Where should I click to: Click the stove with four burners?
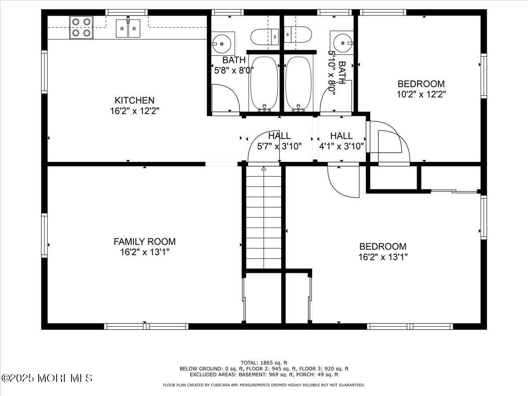[x=81, y=27]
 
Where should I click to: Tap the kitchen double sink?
[x=128, y=29]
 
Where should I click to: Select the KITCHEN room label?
[x=134, y=100]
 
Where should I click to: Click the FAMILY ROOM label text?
[x=144, y=242]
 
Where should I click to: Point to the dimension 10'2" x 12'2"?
[x=421, y=94]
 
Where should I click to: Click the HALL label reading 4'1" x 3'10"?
[x=341, y=141]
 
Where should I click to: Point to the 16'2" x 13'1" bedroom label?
[x=383, y=252]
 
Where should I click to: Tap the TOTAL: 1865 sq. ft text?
[x=264, y=363]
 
